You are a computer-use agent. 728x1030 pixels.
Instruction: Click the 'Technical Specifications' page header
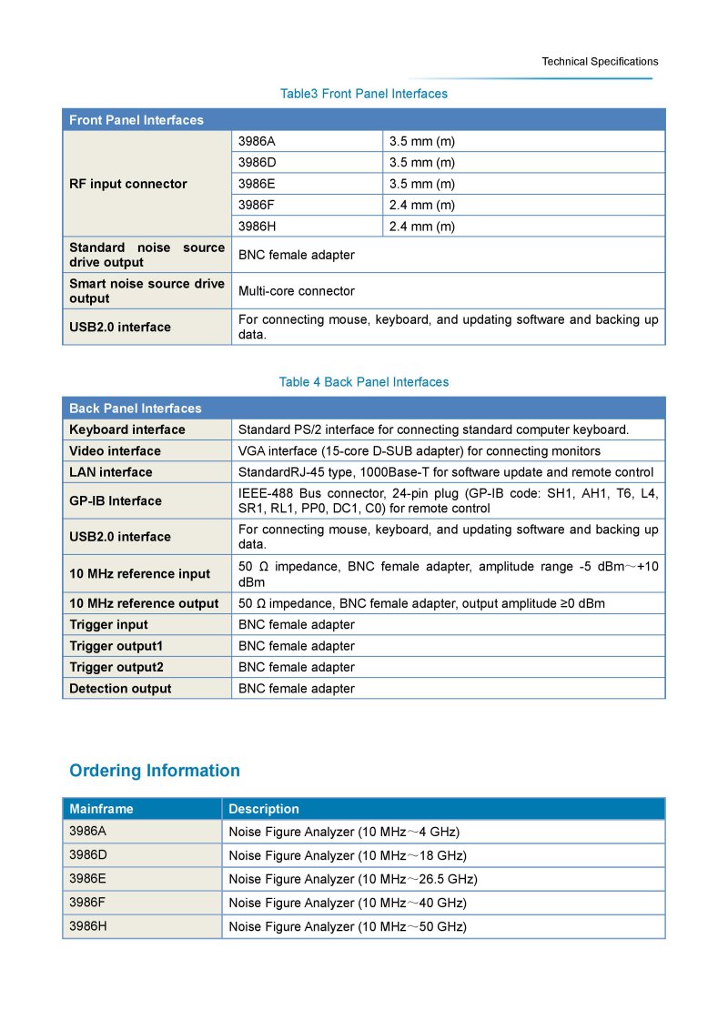tap(600, 62)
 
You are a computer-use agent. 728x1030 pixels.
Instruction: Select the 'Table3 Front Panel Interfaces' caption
tap(364, 94)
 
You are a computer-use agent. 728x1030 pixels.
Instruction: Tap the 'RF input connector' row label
tap(128, 184)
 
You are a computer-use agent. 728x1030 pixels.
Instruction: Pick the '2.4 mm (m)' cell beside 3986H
tap(422, 227)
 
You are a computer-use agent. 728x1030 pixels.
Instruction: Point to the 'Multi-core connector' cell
tap(297, 291)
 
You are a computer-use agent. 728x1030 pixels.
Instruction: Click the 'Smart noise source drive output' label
tap(147, 291)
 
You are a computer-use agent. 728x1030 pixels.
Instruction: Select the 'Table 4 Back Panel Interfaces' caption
tap(364, 382)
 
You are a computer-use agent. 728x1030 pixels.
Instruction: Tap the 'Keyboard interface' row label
tap(127, 429)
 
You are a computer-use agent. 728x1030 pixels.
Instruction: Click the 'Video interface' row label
tap(115, 451)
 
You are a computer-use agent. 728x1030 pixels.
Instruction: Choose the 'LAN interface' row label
tap(111, 472)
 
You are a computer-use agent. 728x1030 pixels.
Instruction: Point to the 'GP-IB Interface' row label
tap(116, 500)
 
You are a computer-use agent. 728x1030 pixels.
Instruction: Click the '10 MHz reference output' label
tap(144, 603)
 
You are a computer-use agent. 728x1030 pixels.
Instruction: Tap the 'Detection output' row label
tap(120, 689)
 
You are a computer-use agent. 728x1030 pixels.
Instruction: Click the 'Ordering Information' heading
tap(155, 771)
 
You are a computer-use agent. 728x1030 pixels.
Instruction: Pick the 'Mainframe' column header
tap(101, 809)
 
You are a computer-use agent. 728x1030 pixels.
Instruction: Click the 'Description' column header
tap(264, 809)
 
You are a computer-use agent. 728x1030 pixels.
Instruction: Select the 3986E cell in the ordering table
tap(88, 879)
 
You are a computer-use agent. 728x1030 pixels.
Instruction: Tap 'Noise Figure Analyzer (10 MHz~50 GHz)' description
tap(348, 926)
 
